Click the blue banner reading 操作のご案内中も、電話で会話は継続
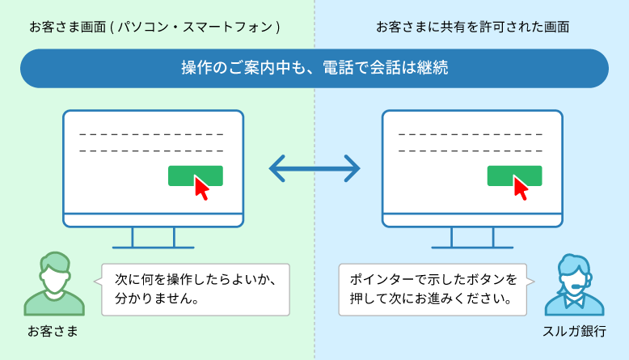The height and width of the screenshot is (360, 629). [314, 68]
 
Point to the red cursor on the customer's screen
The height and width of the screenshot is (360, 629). [201, 188]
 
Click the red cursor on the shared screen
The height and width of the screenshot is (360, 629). [521, 188]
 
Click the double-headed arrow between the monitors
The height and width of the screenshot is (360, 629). [314, 168]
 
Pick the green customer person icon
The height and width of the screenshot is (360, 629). [54, 284]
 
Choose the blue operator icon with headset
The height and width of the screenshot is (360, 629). [575, 285]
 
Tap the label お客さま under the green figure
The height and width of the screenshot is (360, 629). [53, 332]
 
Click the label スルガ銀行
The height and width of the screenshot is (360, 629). [574, 332]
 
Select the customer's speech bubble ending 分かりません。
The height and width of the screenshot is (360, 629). [195, 290]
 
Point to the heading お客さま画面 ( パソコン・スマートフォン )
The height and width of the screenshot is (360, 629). [154, 27]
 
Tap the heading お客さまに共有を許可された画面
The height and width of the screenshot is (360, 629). [472, 27]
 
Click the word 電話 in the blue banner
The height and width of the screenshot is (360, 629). [338, 68]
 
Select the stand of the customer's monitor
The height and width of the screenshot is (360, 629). [154, 238]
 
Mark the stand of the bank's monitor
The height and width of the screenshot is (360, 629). [472, 238]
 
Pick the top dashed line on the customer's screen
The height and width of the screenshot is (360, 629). [151, 134]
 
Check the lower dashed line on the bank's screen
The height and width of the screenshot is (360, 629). [471, 151]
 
